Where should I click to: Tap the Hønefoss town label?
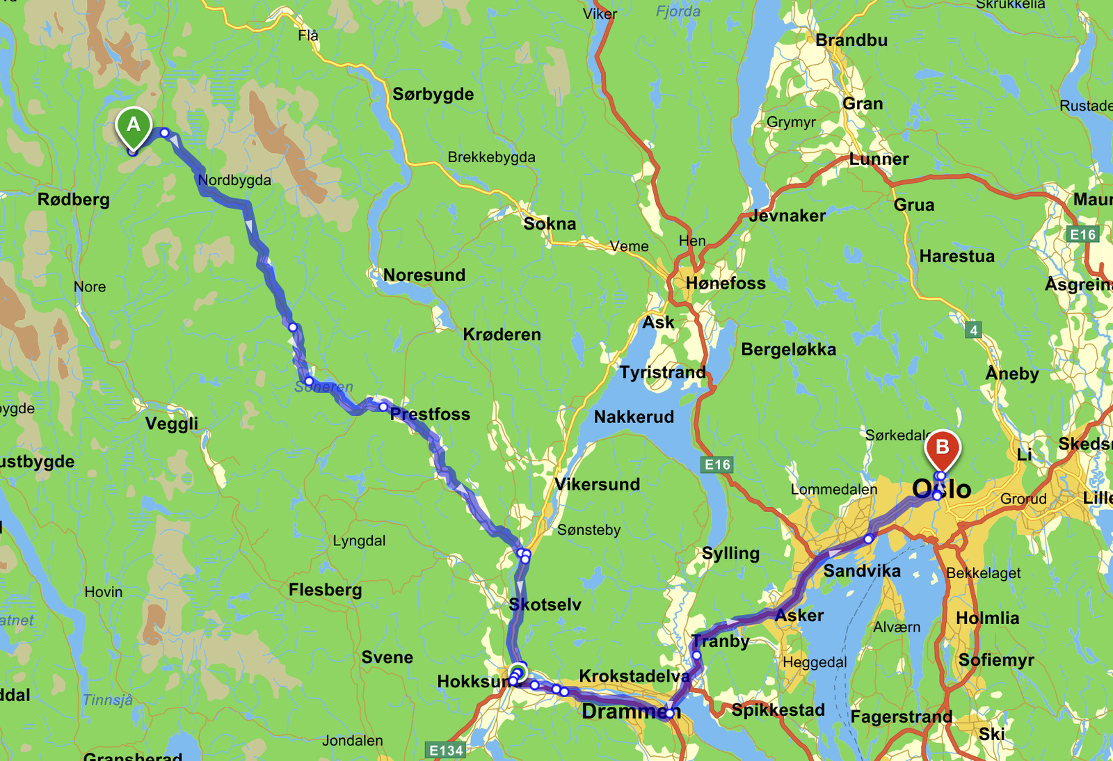725,283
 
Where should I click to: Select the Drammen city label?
630,712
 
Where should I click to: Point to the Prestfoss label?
430,415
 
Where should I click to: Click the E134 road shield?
446,750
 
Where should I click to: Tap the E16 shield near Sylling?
717,465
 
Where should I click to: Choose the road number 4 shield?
973,330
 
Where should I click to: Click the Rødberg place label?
73,200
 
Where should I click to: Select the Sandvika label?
861,571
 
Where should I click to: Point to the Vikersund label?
597,484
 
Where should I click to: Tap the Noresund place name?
424,275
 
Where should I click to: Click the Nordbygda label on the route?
234,180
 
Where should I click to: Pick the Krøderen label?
502,335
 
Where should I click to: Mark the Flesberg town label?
325,590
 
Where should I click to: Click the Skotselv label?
545,604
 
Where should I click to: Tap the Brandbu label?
851,40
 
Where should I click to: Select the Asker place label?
799,616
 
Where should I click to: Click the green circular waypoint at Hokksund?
518,673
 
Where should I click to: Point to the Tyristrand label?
662,373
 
